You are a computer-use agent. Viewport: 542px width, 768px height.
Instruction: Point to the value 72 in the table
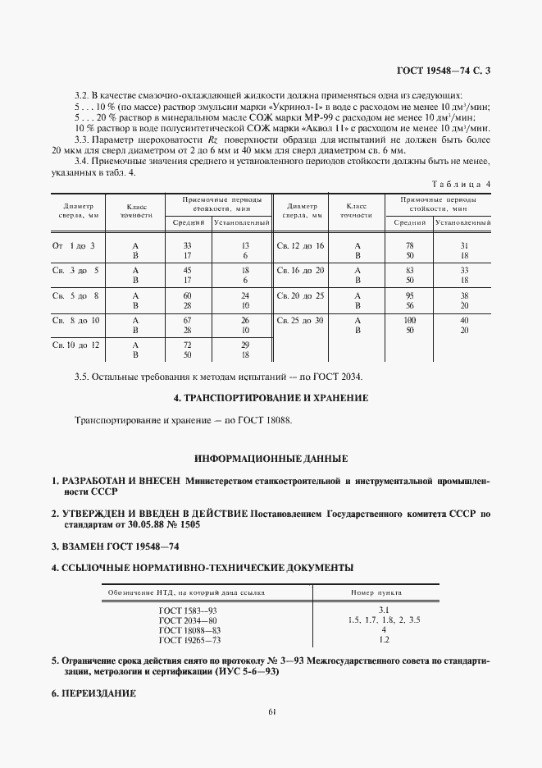point(187,345)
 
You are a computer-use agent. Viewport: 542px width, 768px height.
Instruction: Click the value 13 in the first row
point(244,246)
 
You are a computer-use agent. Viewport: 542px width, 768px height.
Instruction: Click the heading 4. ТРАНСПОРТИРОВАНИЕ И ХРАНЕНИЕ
point(271,398)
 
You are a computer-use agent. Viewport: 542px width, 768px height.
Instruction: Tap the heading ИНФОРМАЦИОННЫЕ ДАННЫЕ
point(271,458)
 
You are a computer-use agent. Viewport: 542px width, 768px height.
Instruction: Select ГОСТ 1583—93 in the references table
point(189,610)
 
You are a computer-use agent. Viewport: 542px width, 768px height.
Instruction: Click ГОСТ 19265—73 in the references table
point(189,639)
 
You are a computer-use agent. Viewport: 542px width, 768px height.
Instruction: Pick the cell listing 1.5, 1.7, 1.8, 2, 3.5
point(385,619)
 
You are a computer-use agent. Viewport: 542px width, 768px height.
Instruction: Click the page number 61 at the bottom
point(271,711)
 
